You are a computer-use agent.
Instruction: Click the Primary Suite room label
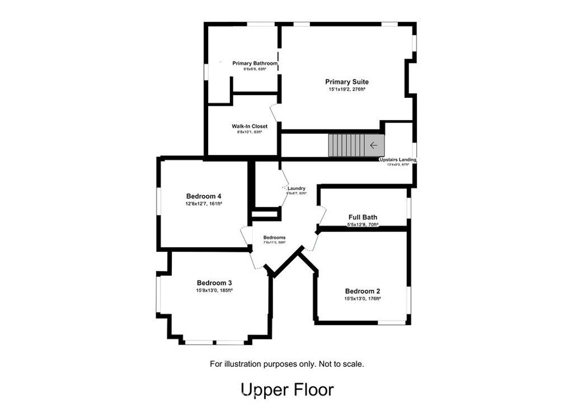(x=347, y=82)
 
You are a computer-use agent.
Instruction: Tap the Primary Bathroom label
(x=255, y=63)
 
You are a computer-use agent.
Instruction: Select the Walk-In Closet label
(x=250, y=126)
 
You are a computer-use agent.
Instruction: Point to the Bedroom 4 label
(x=204, y=196)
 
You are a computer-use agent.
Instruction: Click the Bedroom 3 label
(x=214, y=283)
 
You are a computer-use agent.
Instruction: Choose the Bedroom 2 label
(x=363, y=291)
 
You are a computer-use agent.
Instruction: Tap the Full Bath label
(x=363, y=217)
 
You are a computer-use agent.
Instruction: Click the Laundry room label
(x=296, y=189)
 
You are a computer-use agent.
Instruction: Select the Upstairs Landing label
(x=397, y=159)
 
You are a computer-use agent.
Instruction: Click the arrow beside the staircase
(x=374, y=145)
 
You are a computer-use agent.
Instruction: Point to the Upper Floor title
(x=286, y=389)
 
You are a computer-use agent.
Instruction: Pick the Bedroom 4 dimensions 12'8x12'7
(x=196, y=204)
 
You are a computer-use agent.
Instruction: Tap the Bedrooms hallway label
(x=274, y=238)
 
